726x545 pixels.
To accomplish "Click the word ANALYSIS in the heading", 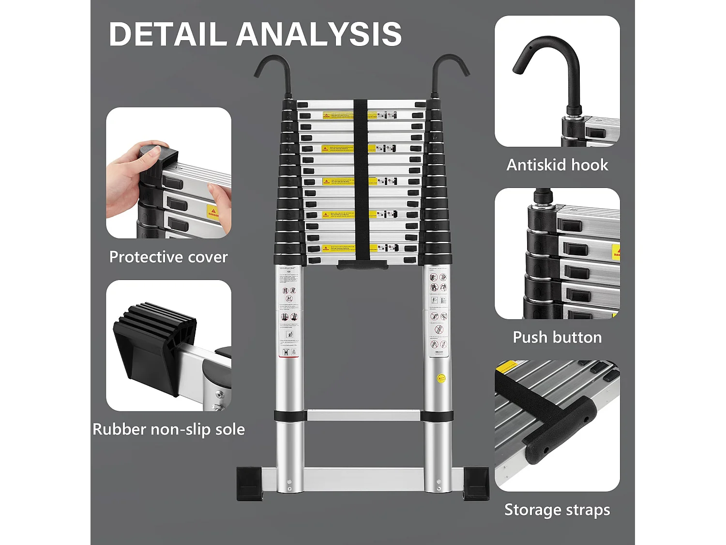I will pyautogui.click(x=319, y=34).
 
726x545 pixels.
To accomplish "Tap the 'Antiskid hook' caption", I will pyautogui.click(x=557, y=165).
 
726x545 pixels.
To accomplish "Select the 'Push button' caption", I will pyautogui.click(x=557, y=337).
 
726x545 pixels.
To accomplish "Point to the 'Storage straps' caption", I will pyautogui.click(x=557, y=510).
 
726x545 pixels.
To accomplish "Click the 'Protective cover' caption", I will pyautogui.click(x=168, y=257).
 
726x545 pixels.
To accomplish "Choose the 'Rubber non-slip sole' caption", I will pyautogui.click(x=168, y=429).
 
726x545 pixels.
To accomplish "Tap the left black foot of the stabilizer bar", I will pyautogui.click(x=249, y=483).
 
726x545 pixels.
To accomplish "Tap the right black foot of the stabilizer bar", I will pyautogui.click(x=476, y=483).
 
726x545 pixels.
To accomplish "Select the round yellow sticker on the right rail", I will pyautogui.click(x=441, y=378).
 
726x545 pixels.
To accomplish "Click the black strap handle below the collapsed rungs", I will pyautogui.click(x=363, y=265).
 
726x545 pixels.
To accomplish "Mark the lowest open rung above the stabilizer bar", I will pyautogui.click(x=363, y=415).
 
